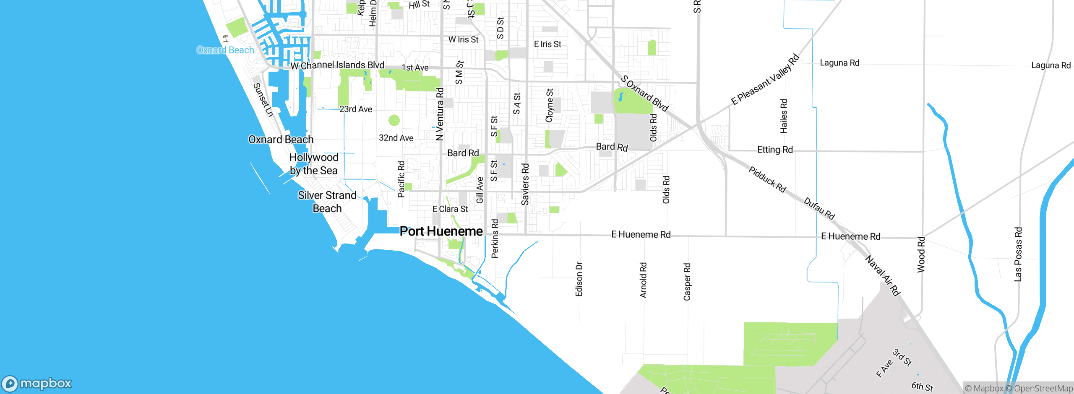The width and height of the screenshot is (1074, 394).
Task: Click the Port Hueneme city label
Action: click(441, 231)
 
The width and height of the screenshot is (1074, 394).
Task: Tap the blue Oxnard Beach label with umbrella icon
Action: click(225, 50)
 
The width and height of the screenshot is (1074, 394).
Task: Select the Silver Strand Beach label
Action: click(327, 202)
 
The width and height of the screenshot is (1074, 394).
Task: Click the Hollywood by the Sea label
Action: click(314, 164)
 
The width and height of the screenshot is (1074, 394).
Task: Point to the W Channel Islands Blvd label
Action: click(337, 65)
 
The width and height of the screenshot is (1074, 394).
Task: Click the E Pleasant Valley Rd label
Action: click(765, 80)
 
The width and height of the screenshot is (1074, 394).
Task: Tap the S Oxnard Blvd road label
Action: click(644, 93)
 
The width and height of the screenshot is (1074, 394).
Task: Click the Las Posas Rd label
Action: click(1018, 254)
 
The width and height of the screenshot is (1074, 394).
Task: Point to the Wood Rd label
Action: click(921, 254)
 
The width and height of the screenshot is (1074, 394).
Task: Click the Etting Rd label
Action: click(775, 150)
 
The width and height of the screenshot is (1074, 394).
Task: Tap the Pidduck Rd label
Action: click(767, 179)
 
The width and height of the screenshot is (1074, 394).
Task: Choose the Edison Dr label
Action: click(579, 279)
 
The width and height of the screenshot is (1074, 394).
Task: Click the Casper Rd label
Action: click(687, 282)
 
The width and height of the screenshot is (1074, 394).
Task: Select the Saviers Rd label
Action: click(525, 184)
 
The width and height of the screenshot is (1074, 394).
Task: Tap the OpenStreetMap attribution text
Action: click(1043, 389)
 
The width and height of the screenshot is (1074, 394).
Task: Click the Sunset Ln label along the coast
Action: click(263, 100)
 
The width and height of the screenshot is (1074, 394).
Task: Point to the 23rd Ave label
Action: click(356, 109)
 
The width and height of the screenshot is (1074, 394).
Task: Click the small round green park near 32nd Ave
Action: click(394, 121)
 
